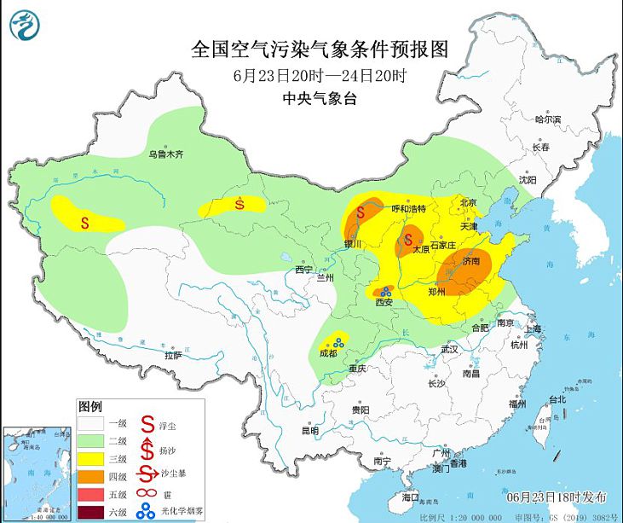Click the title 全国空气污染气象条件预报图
tap(320, 49)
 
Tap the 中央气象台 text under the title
tap(320, 98)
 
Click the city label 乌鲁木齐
tap(165, 154)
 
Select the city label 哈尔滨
tap(547, 120)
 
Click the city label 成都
tap(327, 352)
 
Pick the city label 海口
tap(410, 496)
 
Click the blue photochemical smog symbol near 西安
tap(385, 292)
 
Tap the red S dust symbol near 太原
tap(409, 239)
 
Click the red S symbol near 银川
tap(361, 211)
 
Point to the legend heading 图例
tap(89, 405)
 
